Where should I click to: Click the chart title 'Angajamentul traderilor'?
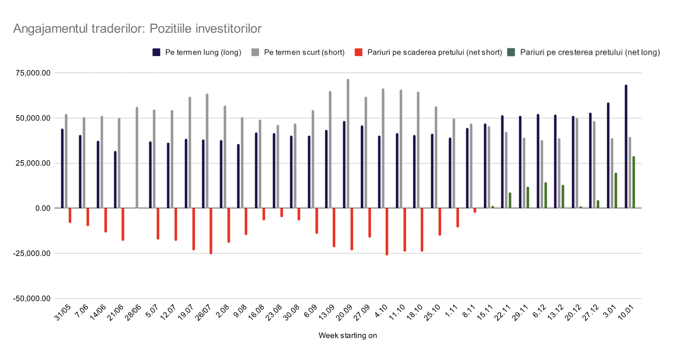pos(137,29)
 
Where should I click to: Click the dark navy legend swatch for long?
pos(156,52)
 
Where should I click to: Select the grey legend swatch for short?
pos(255,52)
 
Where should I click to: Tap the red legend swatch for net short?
pos(358,52)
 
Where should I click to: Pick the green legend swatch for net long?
pos(511,52)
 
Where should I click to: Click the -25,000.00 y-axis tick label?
pos(32,253)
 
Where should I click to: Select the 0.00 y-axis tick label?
pos(43,208)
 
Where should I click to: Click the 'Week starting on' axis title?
pos(347,335)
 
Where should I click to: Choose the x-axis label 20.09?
pos(344,313)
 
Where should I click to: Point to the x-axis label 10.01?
pos(626,313)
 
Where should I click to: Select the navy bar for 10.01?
pos(626,146)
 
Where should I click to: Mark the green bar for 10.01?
pos(634,182)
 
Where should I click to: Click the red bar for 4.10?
pos(387,231)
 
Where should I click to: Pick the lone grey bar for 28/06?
pos(137,157)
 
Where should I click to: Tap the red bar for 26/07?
pos(211,231)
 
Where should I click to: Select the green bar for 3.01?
pos(616,191)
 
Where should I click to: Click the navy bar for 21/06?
pos(115,180)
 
